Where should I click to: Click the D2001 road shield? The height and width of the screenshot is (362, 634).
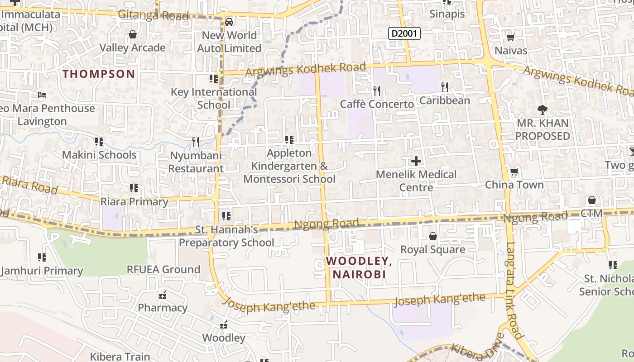coord(404,33)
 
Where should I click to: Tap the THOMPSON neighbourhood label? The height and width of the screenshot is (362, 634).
coord(99,74)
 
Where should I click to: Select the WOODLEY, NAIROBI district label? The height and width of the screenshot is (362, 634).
coord(359,267)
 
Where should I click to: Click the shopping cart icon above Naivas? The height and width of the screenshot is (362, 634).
coord(510,38)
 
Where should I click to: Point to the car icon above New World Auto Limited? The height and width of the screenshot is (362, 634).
coord(229,22)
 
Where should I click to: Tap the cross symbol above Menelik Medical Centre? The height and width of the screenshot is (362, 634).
coord(416,161)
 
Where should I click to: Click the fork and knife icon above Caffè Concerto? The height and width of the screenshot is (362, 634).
coord(377,91)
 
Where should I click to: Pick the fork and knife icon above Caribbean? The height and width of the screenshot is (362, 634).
coord(445,87)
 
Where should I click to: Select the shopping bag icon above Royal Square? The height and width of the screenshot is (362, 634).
coord(432,236)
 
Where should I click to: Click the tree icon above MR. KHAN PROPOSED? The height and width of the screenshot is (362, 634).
coord(542,110)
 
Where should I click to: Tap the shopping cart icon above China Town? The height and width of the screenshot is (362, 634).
coord(514,172)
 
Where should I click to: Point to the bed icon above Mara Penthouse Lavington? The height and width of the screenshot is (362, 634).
coord(42,95)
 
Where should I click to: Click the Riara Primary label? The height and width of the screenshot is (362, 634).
coord(134,201)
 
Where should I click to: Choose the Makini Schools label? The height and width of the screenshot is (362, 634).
coord(99,155)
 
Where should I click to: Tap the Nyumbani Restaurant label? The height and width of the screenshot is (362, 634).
coord(196,162)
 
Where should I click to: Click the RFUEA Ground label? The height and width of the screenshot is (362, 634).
coord(163,270)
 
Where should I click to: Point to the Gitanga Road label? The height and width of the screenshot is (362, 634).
coord(153,15)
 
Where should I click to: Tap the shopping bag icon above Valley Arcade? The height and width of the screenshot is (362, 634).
coord(133,34)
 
